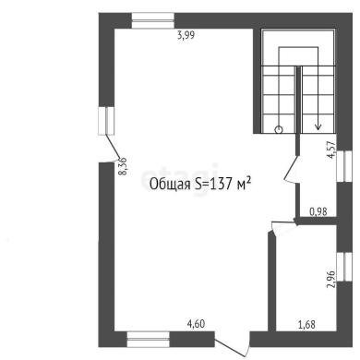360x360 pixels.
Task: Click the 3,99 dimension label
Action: [x=186, y=35]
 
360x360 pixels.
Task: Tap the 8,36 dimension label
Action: [x=123, y=166]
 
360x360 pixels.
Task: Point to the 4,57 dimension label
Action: [x=330, y=150]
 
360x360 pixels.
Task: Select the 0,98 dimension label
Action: [x=318, y=211]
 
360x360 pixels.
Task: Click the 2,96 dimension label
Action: [x=330, y=279]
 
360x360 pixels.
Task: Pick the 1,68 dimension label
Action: [x=306, y=324]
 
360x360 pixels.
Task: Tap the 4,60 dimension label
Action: [x=196, y=324]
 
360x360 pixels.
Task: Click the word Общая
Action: [x=170, y=185]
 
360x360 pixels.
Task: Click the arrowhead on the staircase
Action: [x=318, y=126]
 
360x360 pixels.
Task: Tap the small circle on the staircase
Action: [x=279, y=129]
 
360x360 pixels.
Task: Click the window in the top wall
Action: [x=153, y=20]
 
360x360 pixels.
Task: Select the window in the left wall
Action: [x=106, y=121]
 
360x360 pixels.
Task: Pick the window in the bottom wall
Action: [x=149, y=340]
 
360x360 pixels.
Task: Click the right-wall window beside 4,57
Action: [x=344, y=166]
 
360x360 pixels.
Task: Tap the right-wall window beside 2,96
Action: [x=344, y=267]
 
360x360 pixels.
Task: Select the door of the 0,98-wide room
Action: [x=291, y=169]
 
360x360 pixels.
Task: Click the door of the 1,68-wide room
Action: [x=283, y=228]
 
